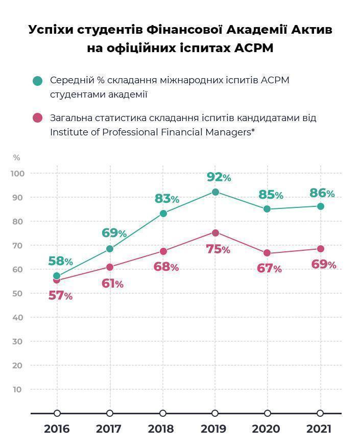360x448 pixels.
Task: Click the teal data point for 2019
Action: coord(215,192)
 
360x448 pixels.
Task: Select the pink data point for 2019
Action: coord(215,233)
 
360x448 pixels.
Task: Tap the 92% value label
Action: coord(219,177)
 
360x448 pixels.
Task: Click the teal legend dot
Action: coord(37,81)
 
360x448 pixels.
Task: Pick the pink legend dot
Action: coord(37,118)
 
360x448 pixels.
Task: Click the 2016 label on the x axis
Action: coord(57,429)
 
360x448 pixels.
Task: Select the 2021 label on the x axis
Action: coord(319,429)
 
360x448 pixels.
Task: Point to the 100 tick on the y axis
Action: coord(17,174)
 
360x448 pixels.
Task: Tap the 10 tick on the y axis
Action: coord(17,389)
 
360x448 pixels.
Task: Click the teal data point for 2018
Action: coord(163,214)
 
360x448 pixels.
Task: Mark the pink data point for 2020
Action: coord(267,253)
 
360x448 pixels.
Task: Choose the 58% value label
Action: coord(60,261)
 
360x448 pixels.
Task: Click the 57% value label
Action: coord(60,295)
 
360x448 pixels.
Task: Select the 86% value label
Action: coord(322,193)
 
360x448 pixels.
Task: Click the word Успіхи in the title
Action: coord(51,30)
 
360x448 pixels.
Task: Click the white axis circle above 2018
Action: coord(163,413)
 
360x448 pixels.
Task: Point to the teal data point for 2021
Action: coord(320,206)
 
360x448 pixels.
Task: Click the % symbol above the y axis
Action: coord(16,158)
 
